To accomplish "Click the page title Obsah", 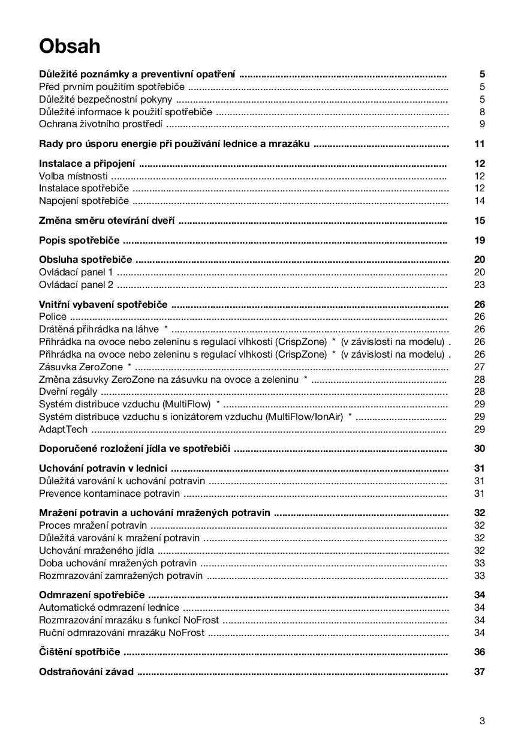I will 70,46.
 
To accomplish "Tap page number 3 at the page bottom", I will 481,721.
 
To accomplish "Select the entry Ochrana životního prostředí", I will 101,124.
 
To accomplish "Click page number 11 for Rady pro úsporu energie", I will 478,143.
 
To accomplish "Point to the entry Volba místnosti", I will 73,176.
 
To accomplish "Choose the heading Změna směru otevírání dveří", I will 107,220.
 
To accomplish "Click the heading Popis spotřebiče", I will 79,240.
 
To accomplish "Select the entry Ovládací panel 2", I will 76,284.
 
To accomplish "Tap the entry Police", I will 53,316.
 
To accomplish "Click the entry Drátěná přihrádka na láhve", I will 99,329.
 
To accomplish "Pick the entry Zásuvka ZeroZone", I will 81,367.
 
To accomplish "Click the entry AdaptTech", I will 63,429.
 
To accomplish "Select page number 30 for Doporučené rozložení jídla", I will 478,448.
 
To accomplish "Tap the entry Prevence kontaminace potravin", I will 109,493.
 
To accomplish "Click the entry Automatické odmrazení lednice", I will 109,607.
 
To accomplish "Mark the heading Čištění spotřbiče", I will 79,652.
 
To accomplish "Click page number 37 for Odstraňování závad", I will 478,671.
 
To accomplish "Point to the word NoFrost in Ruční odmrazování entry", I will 186,632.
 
